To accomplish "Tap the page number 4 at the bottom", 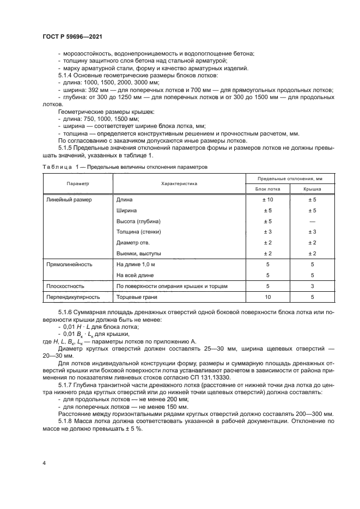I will [x=43, y=463].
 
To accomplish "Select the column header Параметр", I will [x=77, y=184].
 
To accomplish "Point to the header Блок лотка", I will [x=267, y=189].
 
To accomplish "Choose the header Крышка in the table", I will [x=312, y=189].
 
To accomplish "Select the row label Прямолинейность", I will [x=69, y=264].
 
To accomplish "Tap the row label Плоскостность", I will [x=65, y=286].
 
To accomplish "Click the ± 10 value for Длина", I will [x=267, y=200].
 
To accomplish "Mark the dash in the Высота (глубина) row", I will [x=312, y=221].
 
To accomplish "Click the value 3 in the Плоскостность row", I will [x=312, y=286].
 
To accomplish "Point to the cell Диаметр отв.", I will [x=133, y=242].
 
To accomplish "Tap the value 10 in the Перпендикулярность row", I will [x=267, y=298].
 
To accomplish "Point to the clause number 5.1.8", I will [x=65, y=421].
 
